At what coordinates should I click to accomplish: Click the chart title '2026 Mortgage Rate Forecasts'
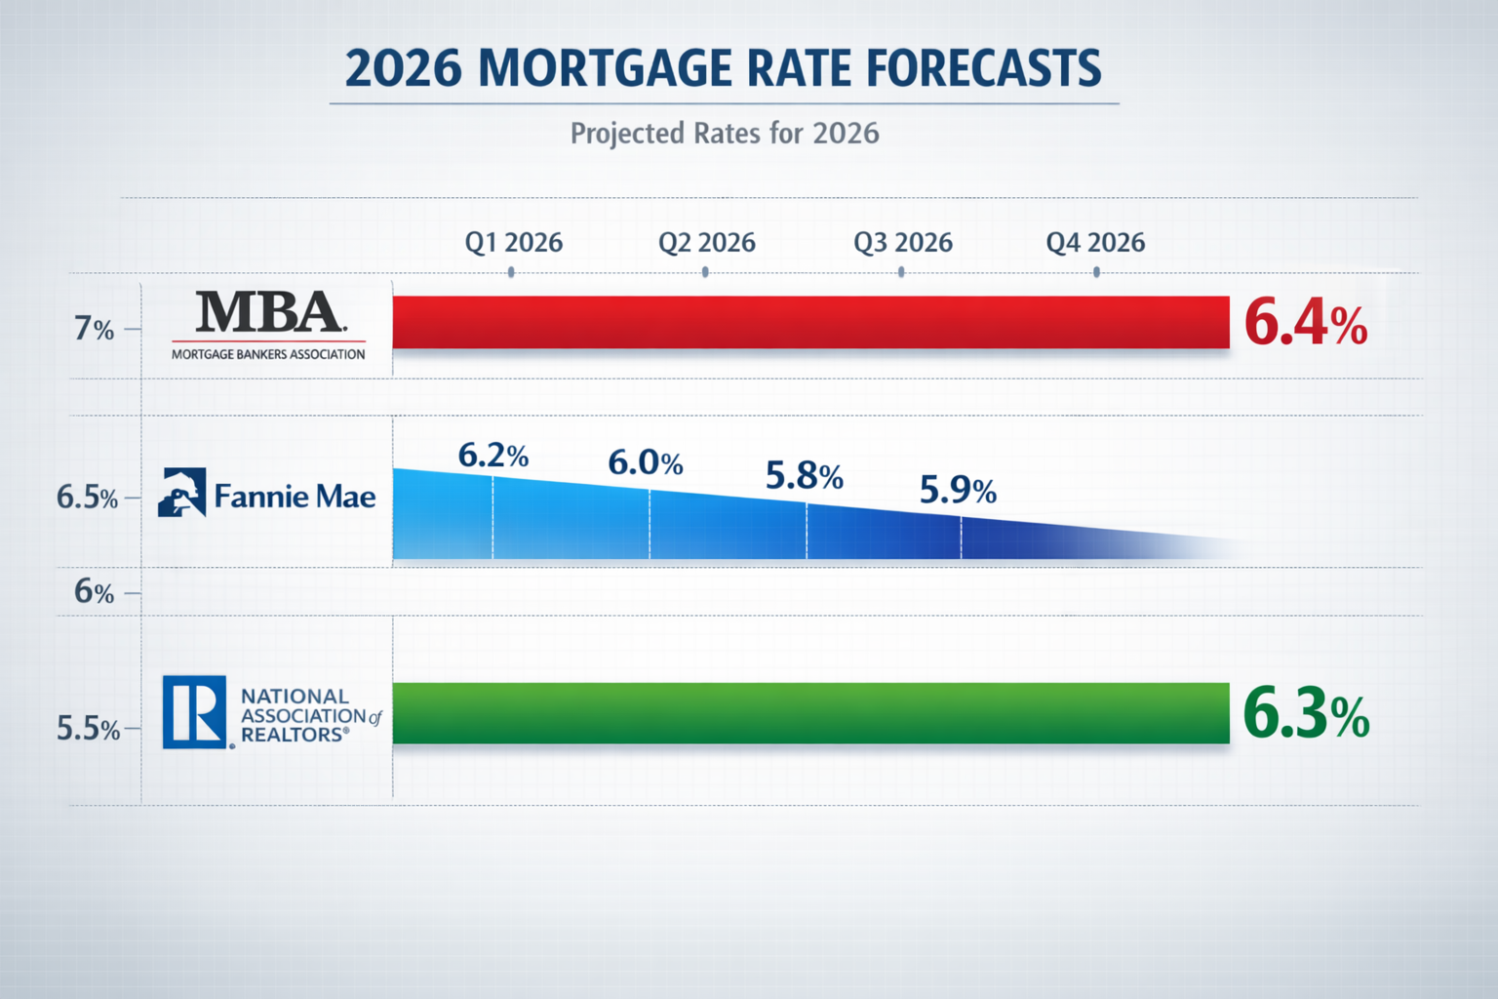(723, 68)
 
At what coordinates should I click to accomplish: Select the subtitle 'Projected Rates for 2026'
(724, 133)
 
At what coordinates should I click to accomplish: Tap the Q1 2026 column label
(513, 242)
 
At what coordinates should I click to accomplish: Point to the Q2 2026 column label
(706, 242)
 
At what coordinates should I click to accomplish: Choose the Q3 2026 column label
(902, 242)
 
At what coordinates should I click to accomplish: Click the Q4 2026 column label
(1095, 242)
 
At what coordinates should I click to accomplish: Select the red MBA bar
(809, 322)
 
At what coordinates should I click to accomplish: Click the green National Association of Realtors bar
(809, 713)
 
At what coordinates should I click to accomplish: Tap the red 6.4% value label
(1305, 323)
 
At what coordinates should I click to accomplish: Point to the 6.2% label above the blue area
(493, 455)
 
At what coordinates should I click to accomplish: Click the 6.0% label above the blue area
(645, 461)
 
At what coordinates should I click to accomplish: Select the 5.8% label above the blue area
(804, 475)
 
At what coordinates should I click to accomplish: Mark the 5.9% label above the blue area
(958, 489)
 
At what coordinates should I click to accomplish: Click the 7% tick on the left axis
(94, 330)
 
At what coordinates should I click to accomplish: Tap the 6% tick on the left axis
(94, 592)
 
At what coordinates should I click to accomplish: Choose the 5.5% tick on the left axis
(88, 729)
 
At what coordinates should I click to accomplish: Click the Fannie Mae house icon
(182, 493)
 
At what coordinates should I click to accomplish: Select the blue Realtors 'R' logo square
(195, 712)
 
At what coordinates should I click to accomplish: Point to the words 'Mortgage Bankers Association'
(268, 354)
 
